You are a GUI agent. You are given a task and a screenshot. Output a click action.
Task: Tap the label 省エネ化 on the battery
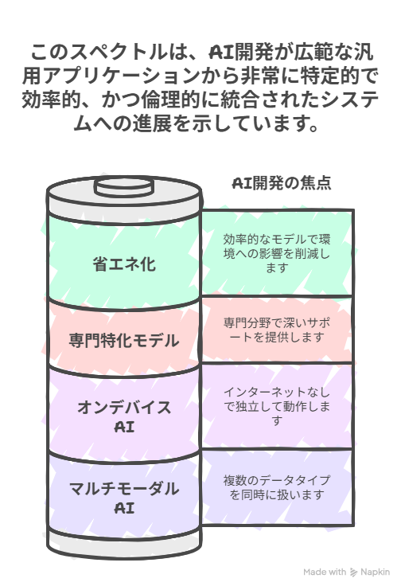(x=124, y=264)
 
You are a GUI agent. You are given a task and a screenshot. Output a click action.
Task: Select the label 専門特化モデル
(x=124, y=341)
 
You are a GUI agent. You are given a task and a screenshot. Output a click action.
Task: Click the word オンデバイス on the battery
(x=124, y=407)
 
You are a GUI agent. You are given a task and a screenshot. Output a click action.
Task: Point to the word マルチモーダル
(x=124, y=488)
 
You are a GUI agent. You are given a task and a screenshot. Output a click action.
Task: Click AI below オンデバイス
(x=124, y=427)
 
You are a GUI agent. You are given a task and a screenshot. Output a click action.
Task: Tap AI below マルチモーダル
(x=124, y=508)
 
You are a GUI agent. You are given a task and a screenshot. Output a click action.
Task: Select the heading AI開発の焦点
(x=282, y=183)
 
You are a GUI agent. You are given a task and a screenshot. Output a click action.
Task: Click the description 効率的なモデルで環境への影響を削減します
(x=277, y=253)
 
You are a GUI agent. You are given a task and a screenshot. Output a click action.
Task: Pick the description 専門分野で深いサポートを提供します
(x=277, y=330)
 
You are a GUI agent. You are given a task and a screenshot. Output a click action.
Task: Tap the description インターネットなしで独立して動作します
(x=277, y=406)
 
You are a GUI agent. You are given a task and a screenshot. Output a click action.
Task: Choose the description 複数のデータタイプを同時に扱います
(x=277, y=487)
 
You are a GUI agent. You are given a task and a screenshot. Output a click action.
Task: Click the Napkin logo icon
(x=353, y=572)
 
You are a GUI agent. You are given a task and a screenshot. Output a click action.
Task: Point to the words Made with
(x=325, y=572)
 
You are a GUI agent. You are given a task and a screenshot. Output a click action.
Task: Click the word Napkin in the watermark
(x=375, y=572)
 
